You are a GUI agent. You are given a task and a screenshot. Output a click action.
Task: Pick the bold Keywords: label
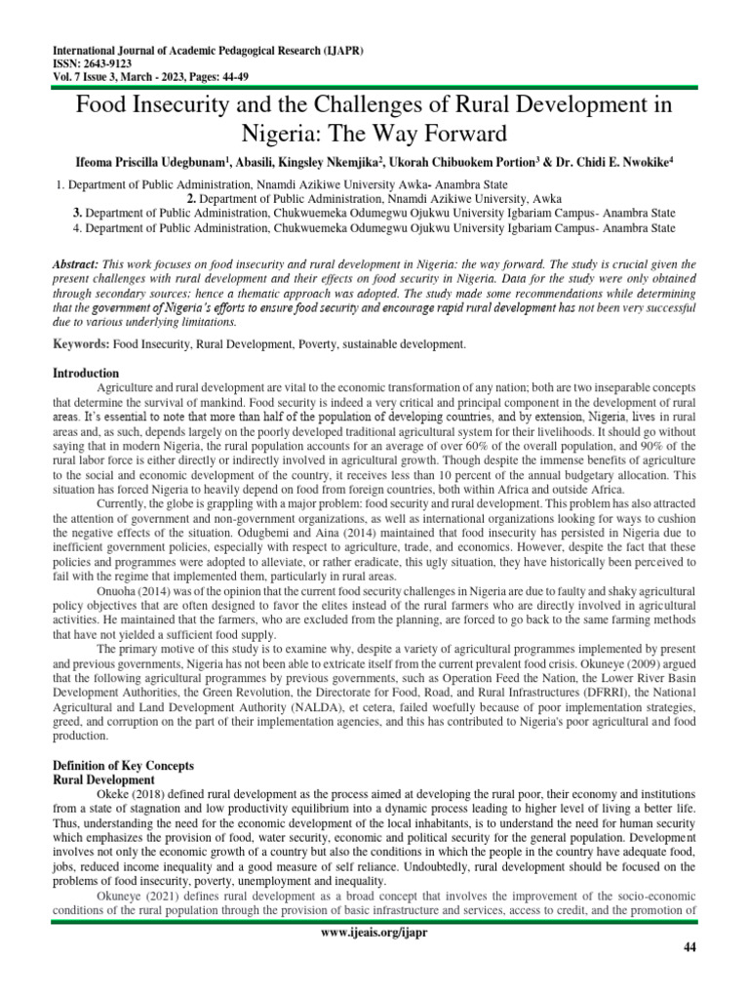coord(81,344)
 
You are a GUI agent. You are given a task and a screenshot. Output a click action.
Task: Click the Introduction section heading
coord(86,374)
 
